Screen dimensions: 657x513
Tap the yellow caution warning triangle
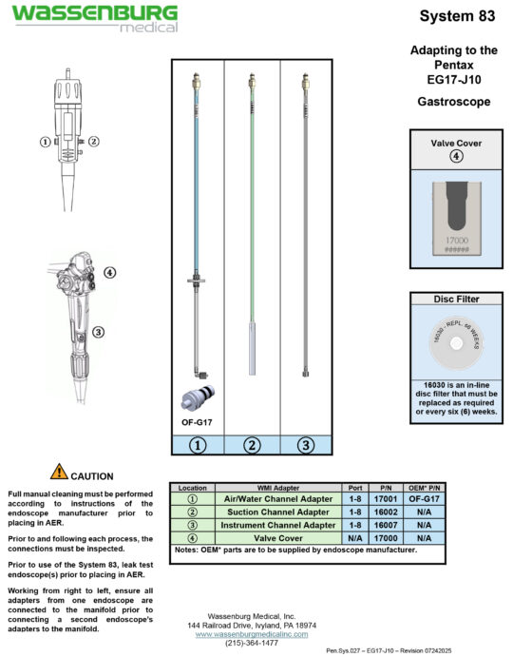(59, 472)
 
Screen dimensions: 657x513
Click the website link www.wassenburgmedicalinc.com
(252, 633)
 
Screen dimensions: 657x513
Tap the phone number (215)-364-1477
(252, 643)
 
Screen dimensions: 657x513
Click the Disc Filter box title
(454, 299)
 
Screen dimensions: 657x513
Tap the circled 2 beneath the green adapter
(252, 443)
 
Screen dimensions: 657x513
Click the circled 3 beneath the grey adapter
(305, 443)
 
